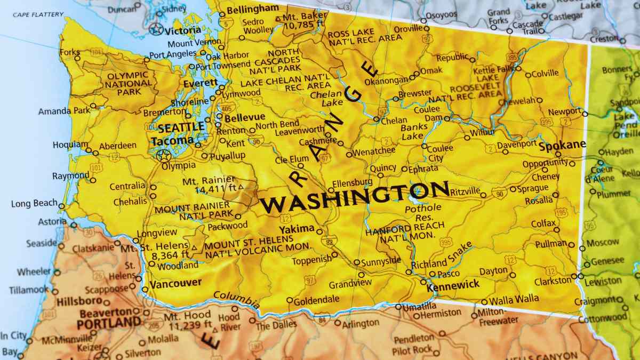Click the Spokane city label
coord(562,145)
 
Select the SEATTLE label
coord(181,127)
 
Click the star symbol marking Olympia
coord(163,156)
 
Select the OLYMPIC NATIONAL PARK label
coord(128,84)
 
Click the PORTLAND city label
coord(108,323)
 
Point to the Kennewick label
coord(453,285)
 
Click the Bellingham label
coord(252,9)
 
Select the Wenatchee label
coord(374,151)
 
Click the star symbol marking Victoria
coord(156,29)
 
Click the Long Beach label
coord(34,204)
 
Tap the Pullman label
coord(550,243)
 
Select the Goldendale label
coord(316,300)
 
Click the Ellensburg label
coord(352,182)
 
